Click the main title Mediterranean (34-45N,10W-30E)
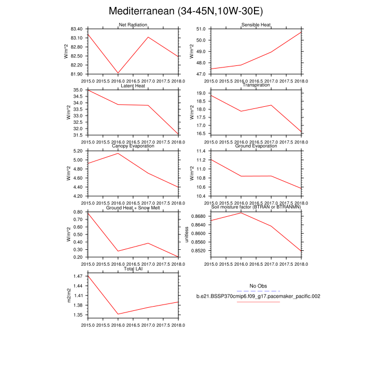point(185,11)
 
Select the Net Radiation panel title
point(133,25)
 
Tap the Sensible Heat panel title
point(256,25)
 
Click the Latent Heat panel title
point(133,86)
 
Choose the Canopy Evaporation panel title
point(133,146)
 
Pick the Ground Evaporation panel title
point(256,146)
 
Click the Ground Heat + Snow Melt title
point(133,207)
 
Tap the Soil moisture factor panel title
point(256,207)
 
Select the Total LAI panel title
point(133,269)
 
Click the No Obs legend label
point(258,285)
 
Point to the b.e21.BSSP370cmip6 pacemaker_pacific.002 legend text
point(258,296)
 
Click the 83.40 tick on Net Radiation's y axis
point(75,29)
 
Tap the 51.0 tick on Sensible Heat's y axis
point(201,29)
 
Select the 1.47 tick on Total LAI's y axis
point(77,276)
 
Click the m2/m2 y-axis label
point(68,295)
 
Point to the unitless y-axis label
point(187,234)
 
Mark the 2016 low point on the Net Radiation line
point(118,73)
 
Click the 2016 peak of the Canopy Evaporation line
point(118,153)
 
